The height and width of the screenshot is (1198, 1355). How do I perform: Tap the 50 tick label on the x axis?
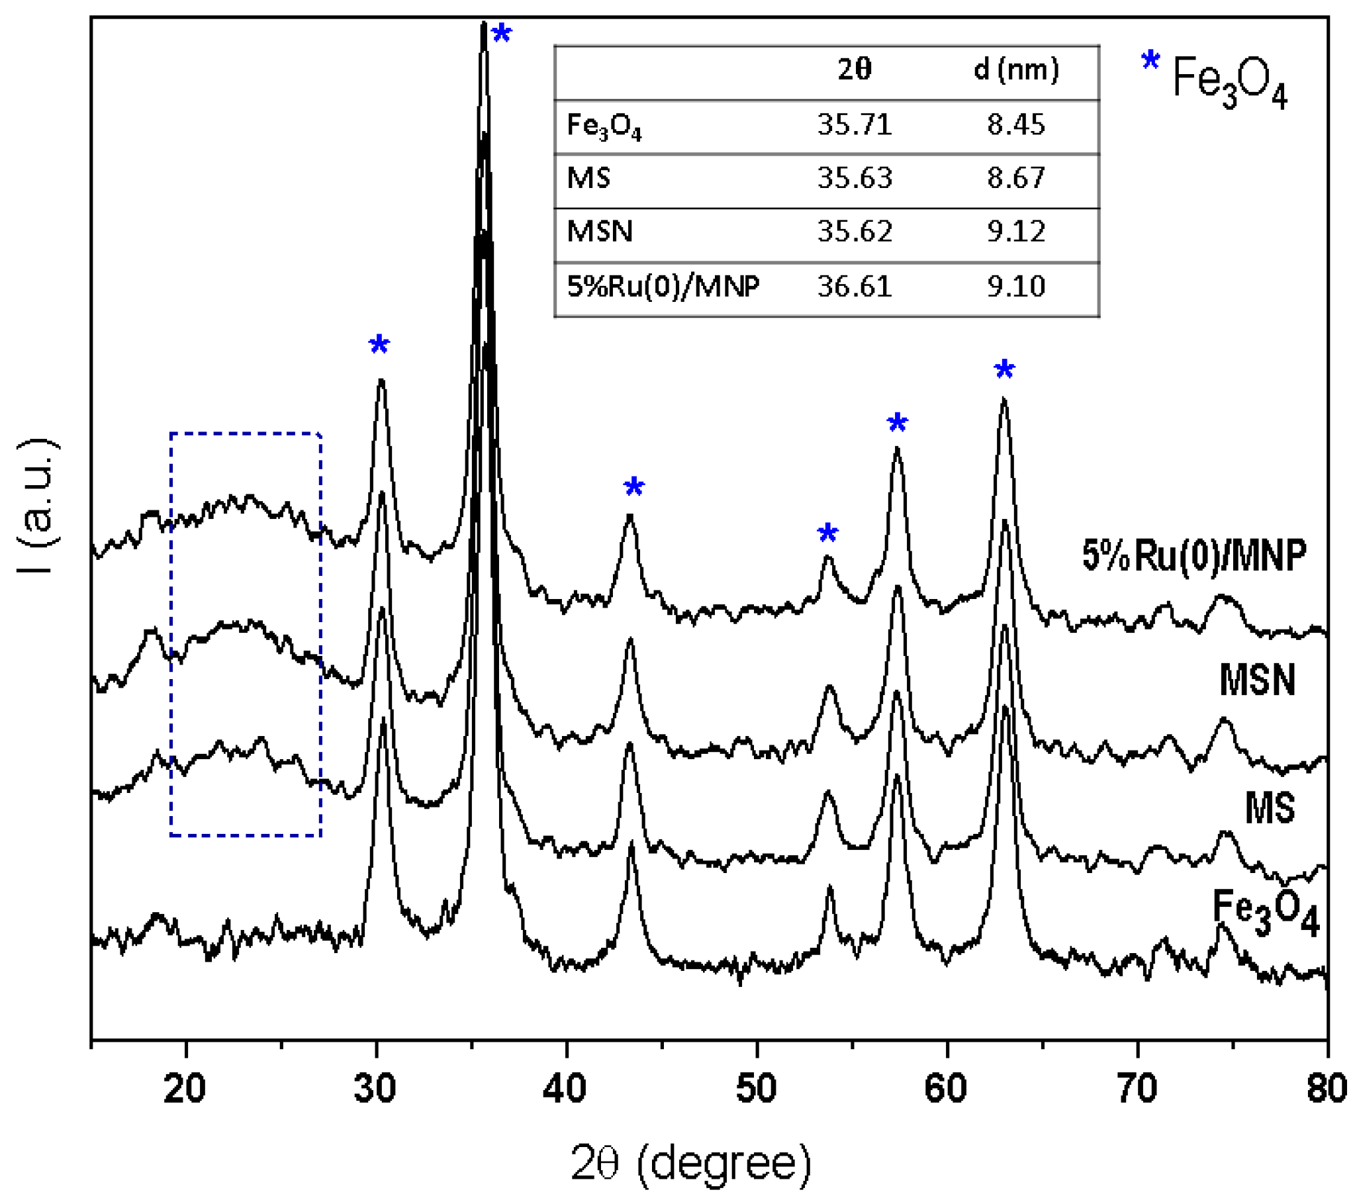point(756,1089)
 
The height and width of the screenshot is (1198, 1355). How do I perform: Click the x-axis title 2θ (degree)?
point(691,1162)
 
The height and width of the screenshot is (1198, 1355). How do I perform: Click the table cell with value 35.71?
point(855,124)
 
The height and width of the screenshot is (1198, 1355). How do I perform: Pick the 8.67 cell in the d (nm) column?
point(1015,177)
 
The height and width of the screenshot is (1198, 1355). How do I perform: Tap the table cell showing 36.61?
point(855,287)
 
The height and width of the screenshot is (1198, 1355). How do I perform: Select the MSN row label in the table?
point(600,232)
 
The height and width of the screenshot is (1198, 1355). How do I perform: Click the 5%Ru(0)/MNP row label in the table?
point(663,287)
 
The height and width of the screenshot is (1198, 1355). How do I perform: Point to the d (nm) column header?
point(1016,69)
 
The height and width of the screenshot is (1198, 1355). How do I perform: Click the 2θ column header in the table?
point(855,69)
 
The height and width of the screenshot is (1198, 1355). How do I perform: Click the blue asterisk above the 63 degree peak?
point(1004,369)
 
